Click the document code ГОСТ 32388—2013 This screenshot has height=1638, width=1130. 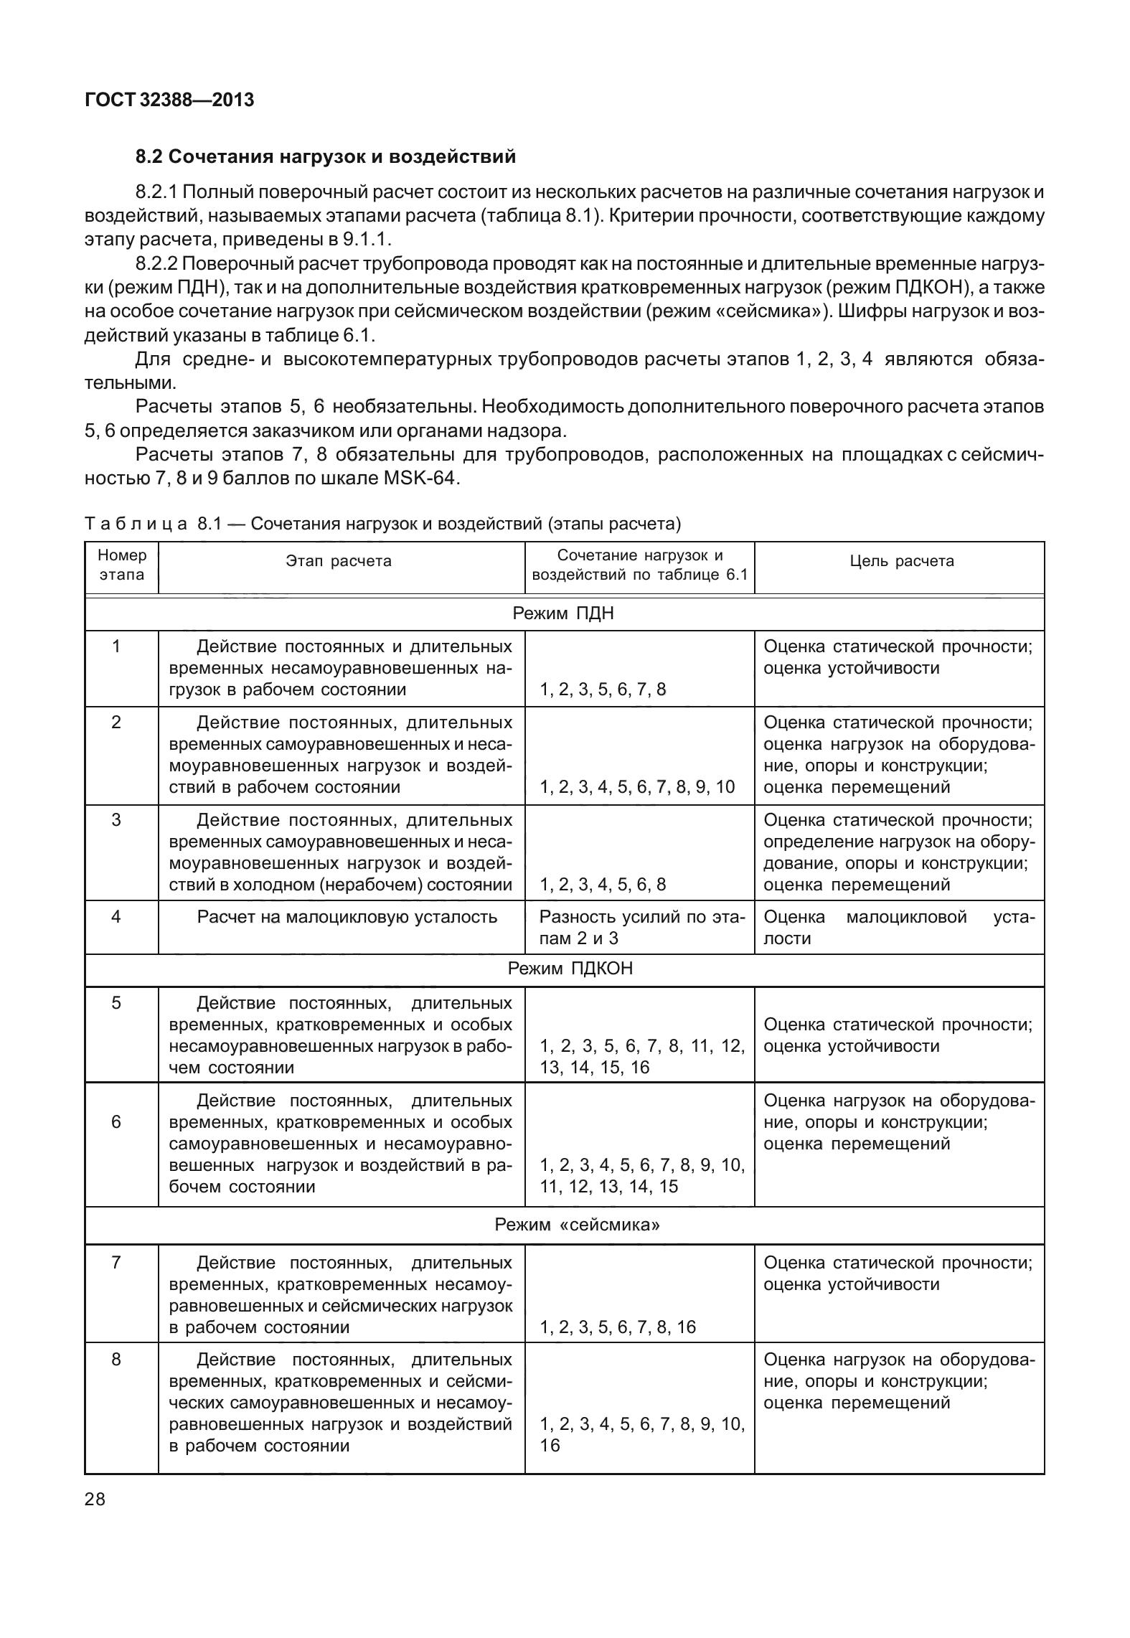pos(169,100)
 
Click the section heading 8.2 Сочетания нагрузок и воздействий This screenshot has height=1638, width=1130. pos(326,156)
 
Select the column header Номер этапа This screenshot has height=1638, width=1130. pos(121,565)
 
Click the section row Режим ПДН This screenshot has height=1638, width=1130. pos(563,613)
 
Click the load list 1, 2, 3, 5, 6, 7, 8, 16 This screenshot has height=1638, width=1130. pos(618,1327)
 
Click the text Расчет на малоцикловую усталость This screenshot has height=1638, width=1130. pos(347,917)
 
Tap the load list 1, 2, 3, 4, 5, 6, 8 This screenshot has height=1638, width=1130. pos(603,885)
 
